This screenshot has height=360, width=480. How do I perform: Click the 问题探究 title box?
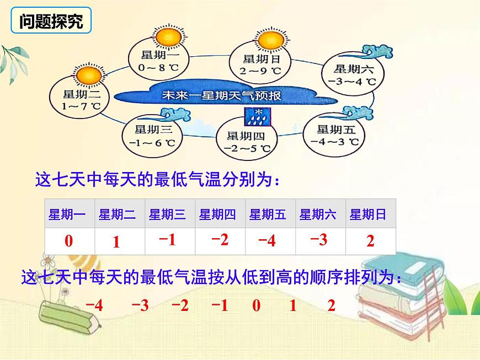click(x=51, y=22)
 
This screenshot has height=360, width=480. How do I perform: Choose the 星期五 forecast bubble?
click(x=333, y=135)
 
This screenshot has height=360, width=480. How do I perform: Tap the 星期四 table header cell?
click(x=217, y=215)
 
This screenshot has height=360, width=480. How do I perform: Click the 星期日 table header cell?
click(x=368, y=215)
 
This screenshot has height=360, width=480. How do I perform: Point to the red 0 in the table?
click(x=68, y=241)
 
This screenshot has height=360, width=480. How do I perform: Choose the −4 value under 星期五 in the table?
click(x=267, y=241)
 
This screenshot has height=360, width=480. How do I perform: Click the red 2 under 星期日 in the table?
click(x=370, y=241)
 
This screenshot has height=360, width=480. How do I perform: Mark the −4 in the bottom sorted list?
click(x=94, y=305)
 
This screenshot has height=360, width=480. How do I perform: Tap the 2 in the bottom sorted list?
click(x=331, y=305)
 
